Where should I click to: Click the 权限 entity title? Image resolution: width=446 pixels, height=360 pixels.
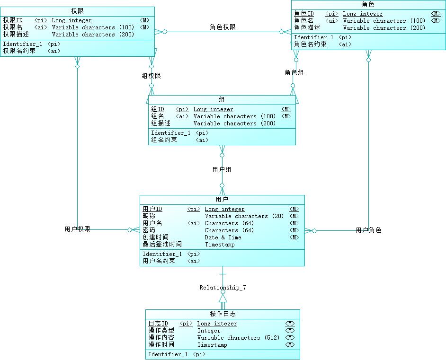78,10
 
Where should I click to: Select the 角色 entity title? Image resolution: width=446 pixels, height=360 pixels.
368,4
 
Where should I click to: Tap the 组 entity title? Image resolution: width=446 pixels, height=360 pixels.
222,99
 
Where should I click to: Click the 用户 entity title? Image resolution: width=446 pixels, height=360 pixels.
222,199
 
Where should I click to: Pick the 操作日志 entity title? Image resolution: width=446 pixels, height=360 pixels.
223,314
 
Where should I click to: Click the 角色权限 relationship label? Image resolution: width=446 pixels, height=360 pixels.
223,27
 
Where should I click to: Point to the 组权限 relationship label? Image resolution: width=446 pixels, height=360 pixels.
151,76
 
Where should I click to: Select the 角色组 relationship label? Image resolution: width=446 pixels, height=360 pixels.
294,72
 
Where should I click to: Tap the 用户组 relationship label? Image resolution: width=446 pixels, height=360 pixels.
222,169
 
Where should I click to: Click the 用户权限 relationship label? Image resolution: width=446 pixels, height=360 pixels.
77,229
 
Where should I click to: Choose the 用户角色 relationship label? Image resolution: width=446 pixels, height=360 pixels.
368,230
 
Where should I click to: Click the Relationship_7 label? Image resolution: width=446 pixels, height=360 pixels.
223,288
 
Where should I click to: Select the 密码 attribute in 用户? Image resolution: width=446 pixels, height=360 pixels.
149,230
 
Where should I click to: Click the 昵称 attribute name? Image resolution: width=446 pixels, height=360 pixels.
149,216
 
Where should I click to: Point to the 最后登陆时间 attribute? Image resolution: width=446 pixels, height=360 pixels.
162,245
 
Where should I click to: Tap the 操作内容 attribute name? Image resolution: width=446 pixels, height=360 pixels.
161,338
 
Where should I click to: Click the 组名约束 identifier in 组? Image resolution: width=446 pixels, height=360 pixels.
164,140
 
